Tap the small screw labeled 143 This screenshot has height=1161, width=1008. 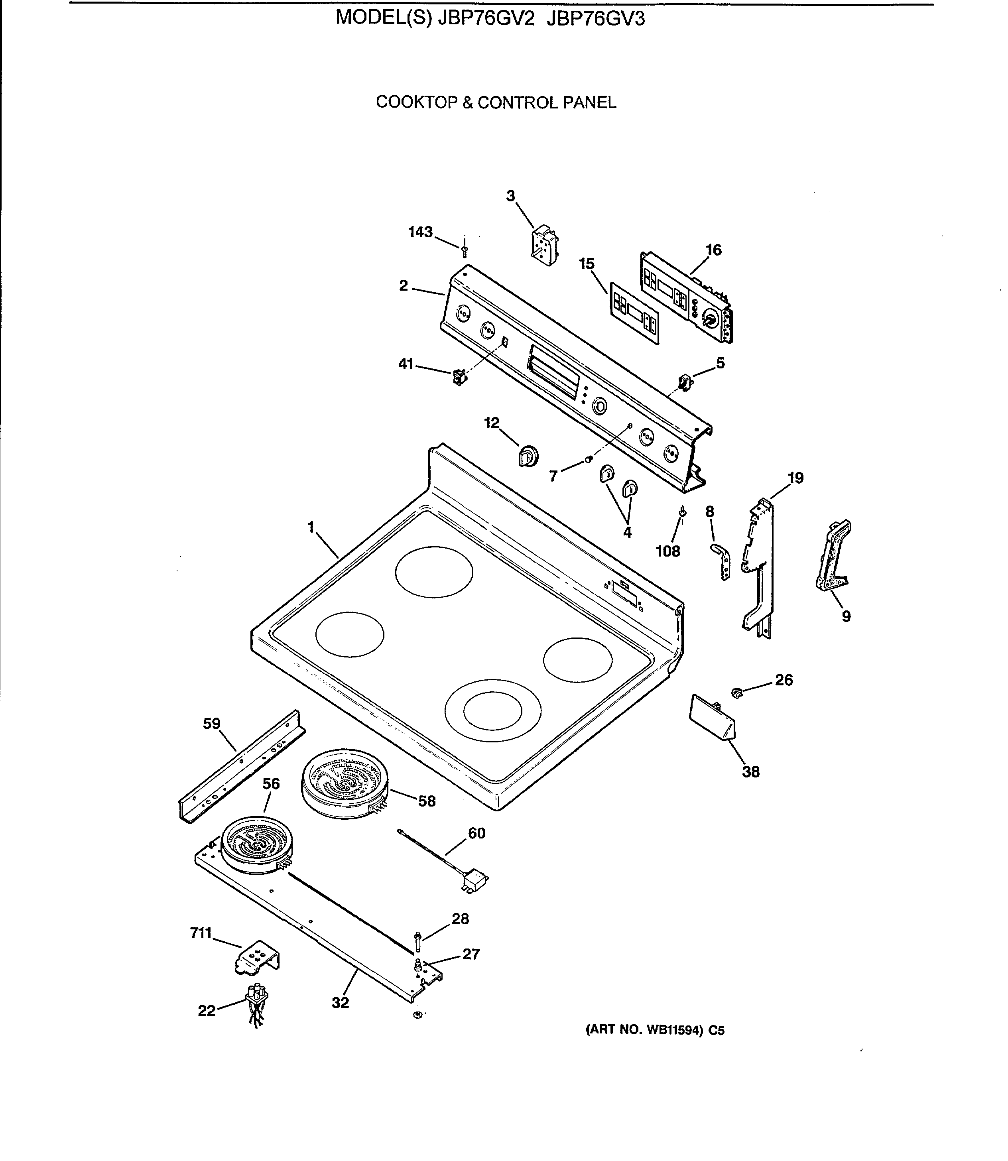click(x=465, y=252)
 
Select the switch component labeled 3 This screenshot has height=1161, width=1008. click(x=543, y=245)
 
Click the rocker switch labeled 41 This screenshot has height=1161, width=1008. click(x=460, y=376)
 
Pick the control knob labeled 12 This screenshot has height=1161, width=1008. click(x=528, y=456)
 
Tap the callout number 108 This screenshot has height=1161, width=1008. click(x=668, y=551)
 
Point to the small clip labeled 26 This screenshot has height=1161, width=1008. click(x=737, y=693)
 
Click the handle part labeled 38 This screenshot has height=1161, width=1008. click(x=712, y=718)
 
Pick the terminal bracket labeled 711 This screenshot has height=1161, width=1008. click(x=256, y=957)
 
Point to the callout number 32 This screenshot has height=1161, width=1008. click(x=340, y=1002)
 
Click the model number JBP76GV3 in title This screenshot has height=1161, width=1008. click(x=596, y=19)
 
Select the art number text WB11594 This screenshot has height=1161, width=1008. click(x=673, y=1031)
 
